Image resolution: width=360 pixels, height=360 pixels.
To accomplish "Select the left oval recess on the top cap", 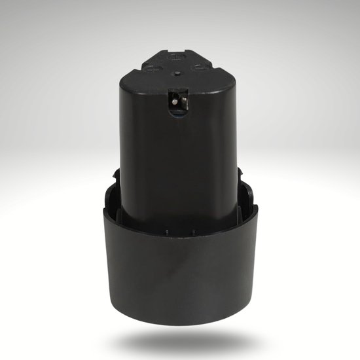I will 154,67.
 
